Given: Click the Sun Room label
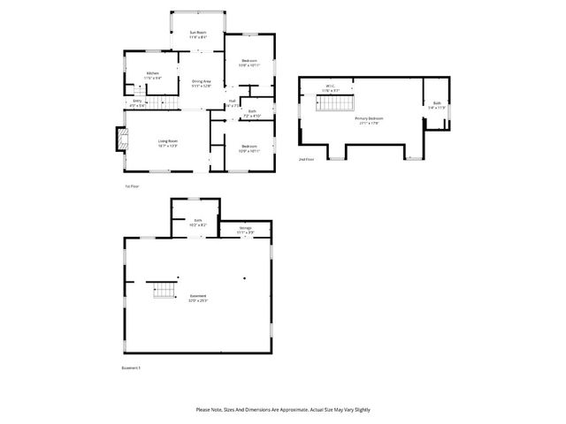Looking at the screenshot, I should point(197,34).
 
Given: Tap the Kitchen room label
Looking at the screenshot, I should point(152,74).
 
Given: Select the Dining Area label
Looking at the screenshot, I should point(202,83).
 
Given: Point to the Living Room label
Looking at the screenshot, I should point(168,142).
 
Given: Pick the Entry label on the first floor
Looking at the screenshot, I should point(137,102).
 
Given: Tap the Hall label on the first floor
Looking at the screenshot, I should point(232,102).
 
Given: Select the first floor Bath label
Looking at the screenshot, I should point(252,113).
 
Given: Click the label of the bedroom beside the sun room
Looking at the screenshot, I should point(248,63).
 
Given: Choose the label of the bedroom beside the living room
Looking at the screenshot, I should point(248,148).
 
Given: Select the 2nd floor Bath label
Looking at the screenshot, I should point(437,105).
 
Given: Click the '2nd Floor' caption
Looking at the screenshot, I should point(306,160).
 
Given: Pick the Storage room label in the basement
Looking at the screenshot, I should point(245,230).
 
